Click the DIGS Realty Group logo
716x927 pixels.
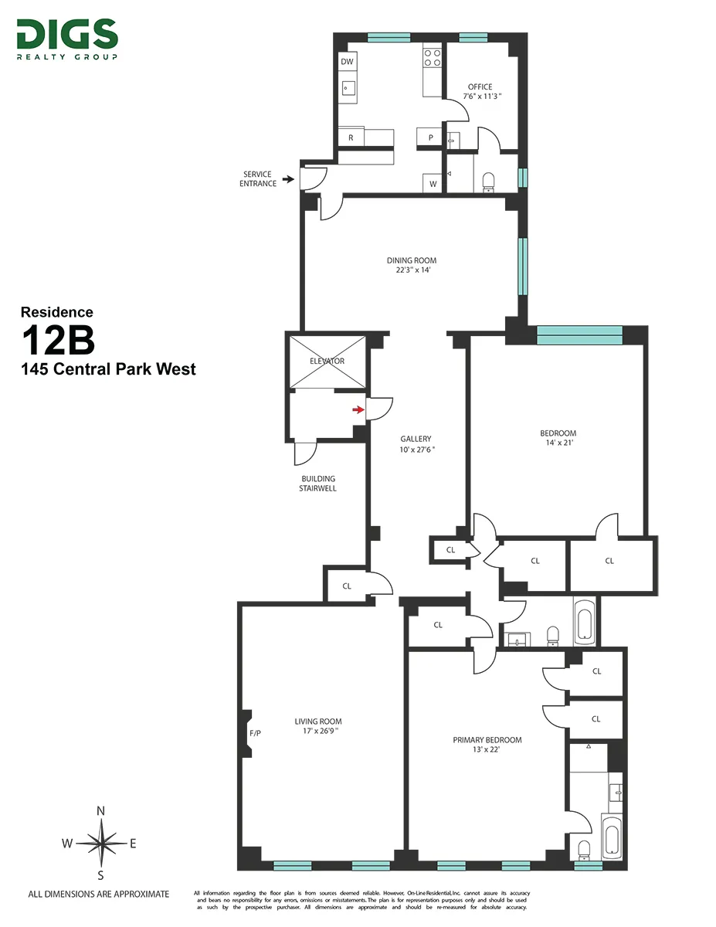66,39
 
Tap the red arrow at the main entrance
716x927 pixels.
358,409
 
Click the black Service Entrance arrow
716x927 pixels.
288,179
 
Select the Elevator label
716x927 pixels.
327,361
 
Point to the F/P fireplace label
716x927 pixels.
255,732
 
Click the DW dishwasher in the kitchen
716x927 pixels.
348,62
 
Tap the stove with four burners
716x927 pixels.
432,59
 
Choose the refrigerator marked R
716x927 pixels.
351,138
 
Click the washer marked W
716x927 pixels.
433,184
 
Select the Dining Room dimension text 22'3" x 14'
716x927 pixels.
412,270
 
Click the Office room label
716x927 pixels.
480,87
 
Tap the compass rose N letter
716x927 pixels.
100,810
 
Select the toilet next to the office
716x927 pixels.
488,182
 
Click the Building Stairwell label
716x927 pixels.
318,484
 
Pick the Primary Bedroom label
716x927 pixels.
487,739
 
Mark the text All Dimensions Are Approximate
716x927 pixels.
98,894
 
